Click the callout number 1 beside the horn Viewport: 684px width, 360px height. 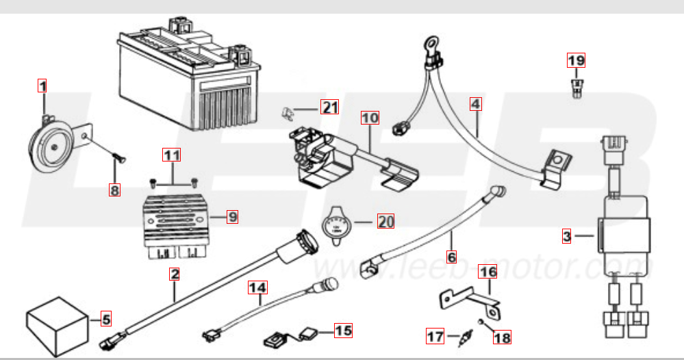pyautogui.click(x=42, y=86)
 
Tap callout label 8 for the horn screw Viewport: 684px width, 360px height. pyautogui.click(x=114, y=190)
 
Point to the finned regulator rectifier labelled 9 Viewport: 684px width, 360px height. pyautogui.click(x=177, y=218)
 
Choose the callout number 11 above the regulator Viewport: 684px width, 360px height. pyautogui.click(x=172, y=155)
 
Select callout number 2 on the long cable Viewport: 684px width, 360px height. pyautogui.click(x=175, y=275)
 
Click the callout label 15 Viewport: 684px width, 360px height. pyautogui.click(x=343, y=331)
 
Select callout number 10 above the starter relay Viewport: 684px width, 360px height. pyautogui.click(x=370, y=118)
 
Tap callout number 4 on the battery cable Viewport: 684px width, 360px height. pyautogui.click(x=476, y=105)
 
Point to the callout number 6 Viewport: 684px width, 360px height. pyautogui.click(x=451, y=257)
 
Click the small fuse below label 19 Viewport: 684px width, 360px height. pyautogui.click(x=577, y=87)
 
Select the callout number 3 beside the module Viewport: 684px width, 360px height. pyautogui.click(x=566, y=237)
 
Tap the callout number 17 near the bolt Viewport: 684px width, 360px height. pyautogui.click(x=435, y=336)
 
